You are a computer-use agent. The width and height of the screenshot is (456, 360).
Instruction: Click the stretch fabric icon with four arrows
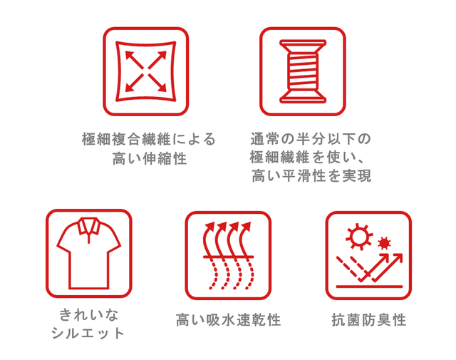point(145,71)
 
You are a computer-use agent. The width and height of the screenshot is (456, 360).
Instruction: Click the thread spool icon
point(303,71)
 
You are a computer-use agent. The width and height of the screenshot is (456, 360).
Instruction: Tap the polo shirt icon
point(88,253)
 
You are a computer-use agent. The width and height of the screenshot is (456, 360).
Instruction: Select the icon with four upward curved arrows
point(228,255)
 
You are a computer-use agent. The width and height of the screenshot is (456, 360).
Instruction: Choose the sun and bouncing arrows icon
point(368,255)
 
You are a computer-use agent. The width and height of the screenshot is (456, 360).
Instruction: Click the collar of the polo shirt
point(88,226)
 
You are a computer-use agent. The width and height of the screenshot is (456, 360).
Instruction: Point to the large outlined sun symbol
point(359,237)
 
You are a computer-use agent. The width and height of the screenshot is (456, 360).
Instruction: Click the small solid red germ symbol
point(384,243)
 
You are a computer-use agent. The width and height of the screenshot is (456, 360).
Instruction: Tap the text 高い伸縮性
point(150,158)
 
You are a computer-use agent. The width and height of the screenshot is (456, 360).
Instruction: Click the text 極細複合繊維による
point(149,139)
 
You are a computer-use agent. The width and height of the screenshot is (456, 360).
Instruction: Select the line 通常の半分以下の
point(311,139)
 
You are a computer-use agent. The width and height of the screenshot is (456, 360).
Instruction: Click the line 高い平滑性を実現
point(311,175)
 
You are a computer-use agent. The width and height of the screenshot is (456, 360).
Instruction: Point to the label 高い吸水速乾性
point(228,319)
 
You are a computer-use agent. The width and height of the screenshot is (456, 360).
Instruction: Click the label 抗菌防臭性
point(369,319)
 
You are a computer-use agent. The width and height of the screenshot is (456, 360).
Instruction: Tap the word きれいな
point(89,314)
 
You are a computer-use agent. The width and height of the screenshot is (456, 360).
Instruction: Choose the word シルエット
point(88,333)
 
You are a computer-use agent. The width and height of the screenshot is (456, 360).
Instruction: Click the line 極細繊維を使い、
point(307,158)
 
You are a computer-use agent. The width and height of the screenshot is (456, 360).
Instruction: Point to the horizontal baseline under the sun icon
point(369,287)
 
